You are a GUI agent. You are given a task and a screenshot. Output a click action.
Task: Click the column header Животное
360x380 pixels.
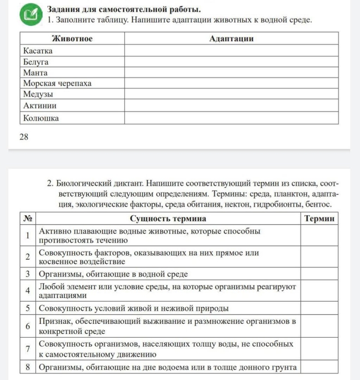[72, 39]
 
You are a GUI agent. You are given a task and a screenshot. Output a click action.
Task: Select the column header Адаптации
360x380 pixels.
[231, 39]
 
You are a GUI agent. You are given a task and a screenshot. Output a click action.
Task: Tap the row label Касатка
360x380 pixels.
[38, 50]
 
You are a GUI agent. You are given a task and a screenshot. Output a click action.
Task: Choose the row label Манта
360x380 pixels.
[35, 72]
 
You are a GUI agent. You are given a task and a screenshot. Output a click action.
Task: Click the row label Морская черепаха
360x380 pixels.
[57, 83]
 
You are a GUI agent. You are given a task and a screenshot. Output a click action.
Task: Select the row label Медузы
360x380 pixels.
[38, 95]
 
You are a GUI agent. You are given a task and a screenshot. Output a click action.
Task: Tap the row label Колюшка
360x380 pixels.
[41, 118]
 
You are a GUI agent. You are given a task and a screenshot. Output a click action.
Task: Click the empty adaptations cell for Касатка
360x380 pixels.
[231, 50]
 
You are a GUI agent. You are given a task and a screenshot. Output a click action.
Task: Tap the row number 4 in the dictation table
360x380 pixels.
[28, 291]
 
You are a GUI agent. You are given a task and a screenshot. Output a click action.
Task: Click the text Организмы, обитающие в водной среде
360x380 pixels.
[114, 274]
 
